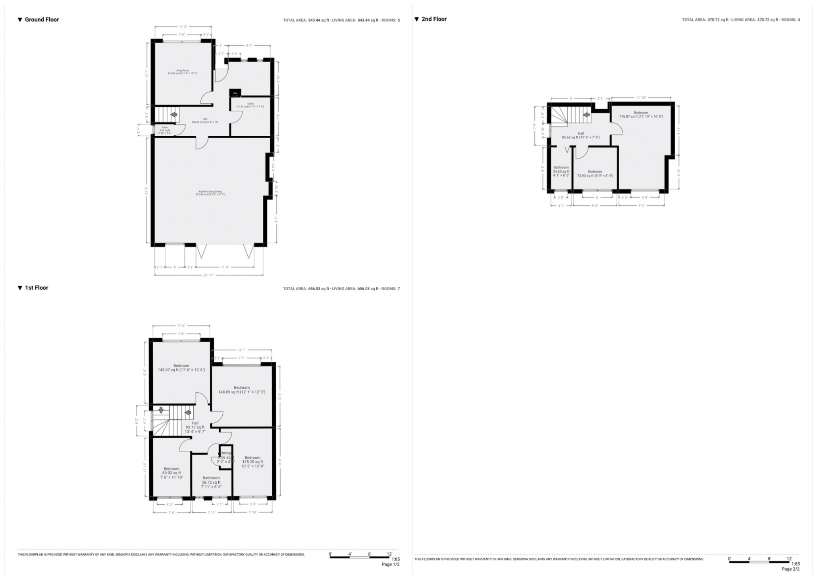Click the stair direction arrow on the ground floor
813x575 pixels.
pos(173,115)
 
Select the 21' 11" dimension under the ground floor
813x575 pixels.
pos(208,275)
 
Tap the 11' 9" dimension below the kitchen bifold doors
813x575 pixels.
pos(225,267)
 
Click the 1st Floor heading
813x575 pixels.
pos(37,288)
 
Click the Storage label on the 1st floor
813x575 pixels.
pos(225,453)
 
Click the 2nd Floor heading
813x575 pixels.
pos(434,19)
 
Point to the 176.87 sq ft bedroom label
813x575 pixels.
pos(641,115)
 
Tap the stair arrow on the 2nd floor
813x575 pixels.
pos(586,115)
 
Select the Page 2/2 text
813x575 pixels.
pos(790,569)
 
